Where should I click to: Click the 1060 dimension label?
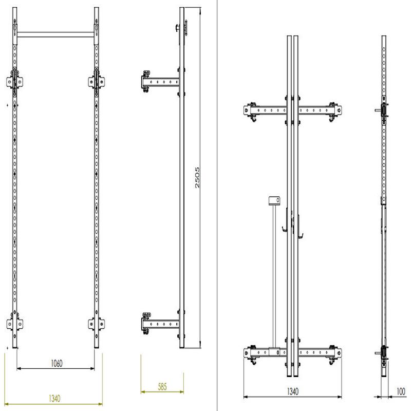point(57,363)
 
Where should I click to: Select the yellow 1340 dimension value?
point(54,399)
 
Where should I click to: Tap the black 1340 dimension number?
point(293,391)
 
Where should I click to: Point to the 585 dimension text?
point(162,386)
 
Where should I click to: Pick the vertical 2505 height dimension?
point(197,177)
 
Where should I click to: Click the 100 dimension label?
point(401,391)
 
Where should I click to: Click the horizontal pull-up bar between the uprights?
point(55,34)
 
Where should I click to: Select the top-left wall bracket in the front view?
point(14,82)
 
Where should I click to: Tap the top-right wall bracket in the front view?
point(97,82)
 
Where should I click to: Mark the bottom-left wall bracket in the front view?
point(14,324)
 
